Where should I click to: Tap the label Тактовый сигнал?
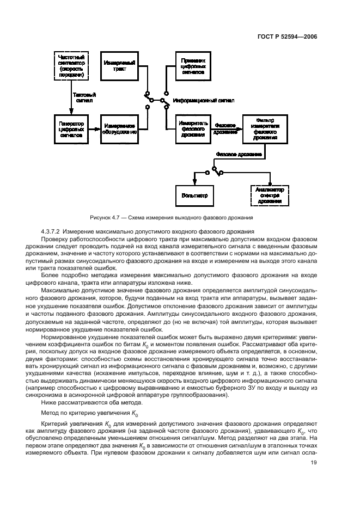tap(84, 97)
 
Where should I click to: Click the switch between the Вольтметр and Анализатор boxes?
tap(217, 172)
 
